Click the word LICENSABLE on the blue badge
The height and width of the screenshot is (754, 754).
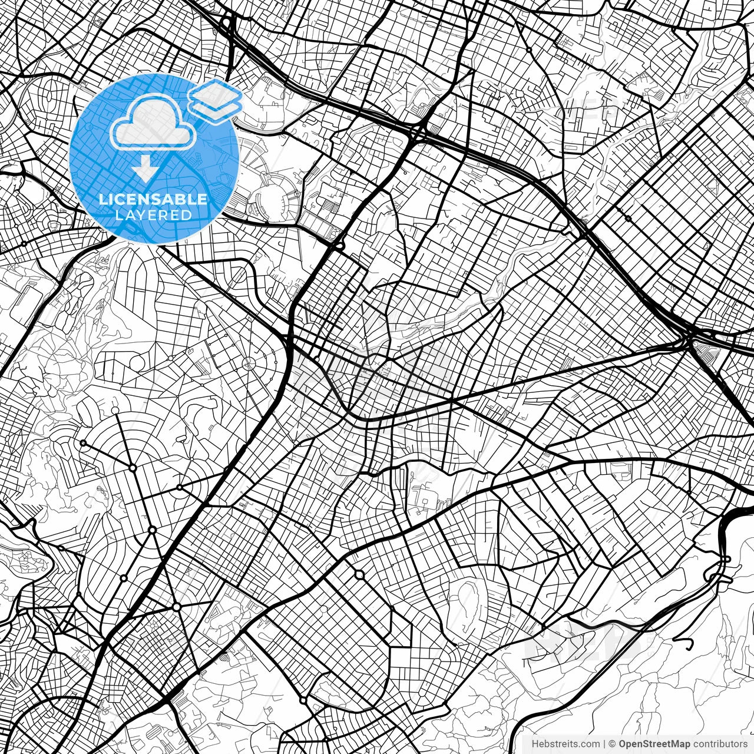pyautogui.click(x=153, y=199)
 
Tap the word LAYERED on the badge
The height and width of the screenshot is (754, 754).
pyautogui.click(x=153, y=215)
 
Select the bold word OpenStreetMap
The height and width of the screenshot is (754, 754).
pyautogui.click(x=654, y=744)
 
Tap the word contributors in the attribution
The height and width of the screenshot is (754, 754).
pyautogui.click(x=720, y=744)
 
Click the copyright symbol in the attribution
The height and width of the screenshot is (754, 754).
pyautogui.click(x=612, y=744)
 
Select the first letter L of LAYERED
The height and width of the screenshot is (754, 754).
pyautogui.click(x=118, y=215)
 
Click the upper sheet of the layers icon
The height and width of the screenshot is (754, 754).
pyautogui.click(x=216, y=93)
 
